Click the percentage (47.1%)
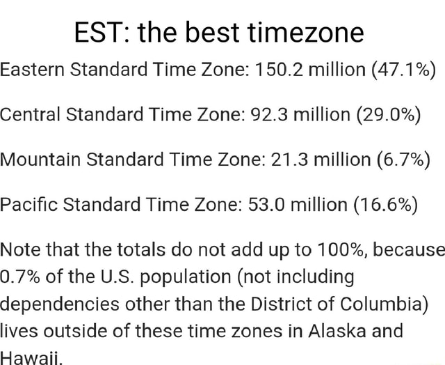[403, 70]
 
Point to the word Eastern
[33, 70]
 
